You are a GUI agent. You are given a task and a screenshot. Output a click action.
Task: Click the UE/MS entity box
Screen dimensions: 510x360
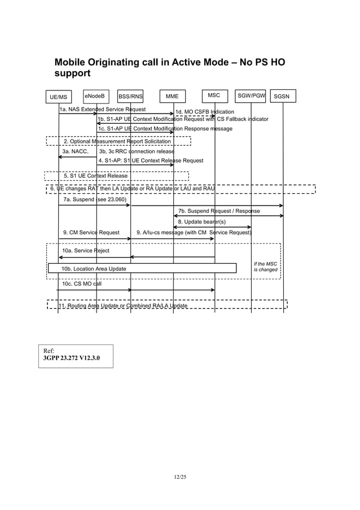pos(58,97)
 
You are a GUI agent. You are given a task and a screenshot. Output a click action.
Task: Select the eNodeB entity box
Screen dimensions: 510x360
pos(95,95)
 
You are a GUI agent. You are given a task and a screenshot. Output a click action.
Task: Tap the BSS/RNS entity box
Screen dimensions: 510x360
pos(130,97)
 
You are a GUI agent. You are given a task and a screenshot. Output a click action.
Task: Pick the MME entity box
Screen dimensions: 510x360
pos(172,97)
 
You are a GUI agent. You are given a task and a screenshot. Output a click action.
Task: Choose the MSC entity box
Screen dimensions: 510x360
pos(214,95)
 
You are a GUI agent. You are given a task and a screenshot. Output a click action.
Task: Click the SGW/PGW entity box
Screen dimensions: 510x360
pos(251,95)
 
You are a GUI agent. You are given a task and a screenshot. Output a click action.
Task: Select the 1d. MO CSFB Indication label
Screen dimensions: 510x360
pos(204,112)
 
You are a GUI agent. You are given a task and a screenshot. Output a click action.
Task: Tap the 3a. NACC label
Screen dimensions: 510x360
pos(75,151)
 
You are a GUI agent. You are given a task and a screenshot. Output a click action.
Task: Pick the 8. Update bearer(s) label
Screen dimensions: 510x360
pos(201,222)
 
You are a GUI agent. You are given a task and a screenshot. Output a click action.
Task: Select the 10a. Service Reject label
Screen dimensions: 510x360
pos(86,250)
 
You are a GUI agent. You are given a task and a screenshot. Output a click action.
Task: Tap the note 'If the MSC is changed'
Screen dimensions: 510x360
pos(265,267)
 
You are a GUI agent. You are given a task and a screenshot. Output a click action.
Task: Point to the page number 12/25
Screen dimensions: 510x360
pos(180,478)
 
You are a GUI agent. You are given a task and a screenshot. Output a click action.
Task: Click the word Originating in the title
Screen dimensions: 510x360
pos(124,62)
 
